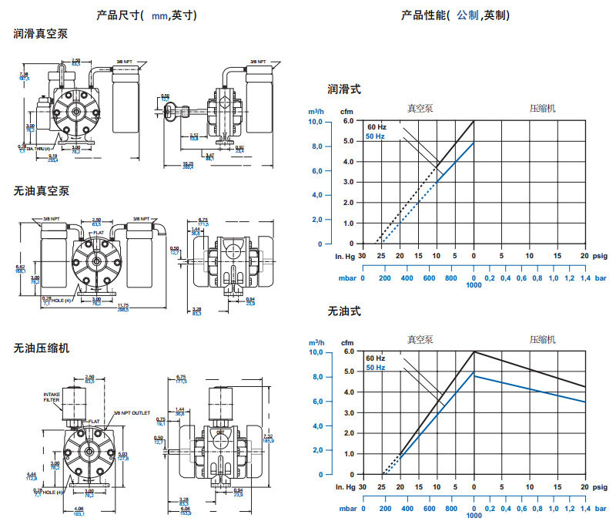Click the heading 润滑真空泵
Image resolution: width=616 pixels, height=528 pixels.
click(x=41, y=34)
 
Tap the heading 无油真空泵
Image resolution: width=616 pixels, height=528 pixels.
click(x=41, y=190)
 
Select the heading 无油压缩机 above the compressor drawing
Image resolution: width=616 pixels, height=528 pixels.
click(x=41, y=348)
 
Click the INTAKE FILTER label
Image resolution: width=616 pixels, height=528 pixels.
click(x=52, y=396)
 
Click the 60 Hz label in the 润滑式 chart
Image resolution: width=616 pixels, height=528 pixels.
click(x=376, y=126)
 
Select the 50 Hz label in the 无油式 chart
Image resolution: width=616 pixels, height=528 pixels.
click(x=376, y=367)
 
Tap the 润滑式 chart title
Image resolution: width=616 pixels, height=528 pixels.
click(x=344, y=89)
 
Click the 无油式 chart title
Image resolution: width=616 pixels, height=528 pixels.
click(x=344, y=311)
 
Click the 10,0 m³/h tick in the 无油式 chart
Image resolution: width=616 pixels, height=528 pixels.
click(x=315, y=352)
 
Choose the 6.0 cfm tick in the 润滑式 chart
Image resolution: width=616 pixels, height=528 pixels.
click(x=348, y=122)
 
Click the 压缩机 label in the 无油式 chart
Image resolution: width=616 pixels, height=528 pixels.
click(x=543, y=338)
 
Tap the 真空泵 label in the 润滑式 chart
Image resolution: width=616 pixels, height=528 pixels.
click(x=420, y=108)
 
